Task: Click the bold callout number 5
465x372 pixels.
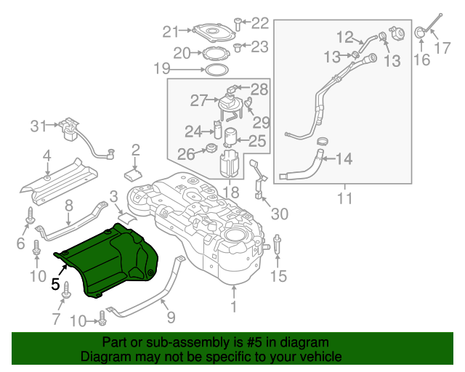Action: [x=56, y=286]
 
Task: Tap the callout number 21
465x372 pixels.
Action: [x=170, y=31]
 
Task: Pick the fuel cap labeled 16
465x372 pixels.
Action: [x=421, y=33]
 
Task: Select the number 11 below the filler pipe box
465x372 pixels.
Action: [x=344, y=197]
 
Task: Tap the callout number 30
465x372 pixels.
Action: [x=279, y=214]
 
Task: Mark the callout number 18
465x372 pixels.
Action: [x=230, y=193]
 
